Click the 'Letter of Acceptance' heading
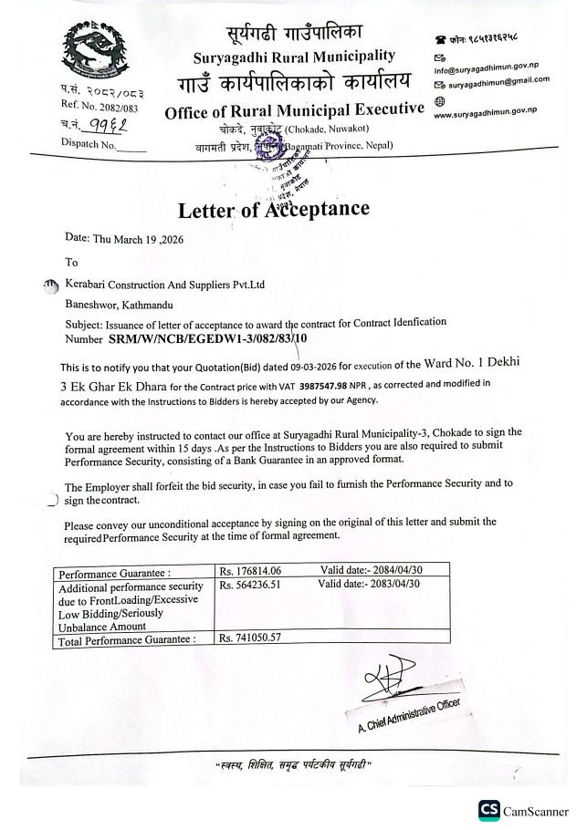tap(274, 210)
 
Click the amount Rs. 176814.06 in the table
tap(253, 571)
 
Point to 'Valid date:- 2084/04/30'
tap(372, 571)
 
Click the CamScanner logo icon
tap(486, 811)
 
